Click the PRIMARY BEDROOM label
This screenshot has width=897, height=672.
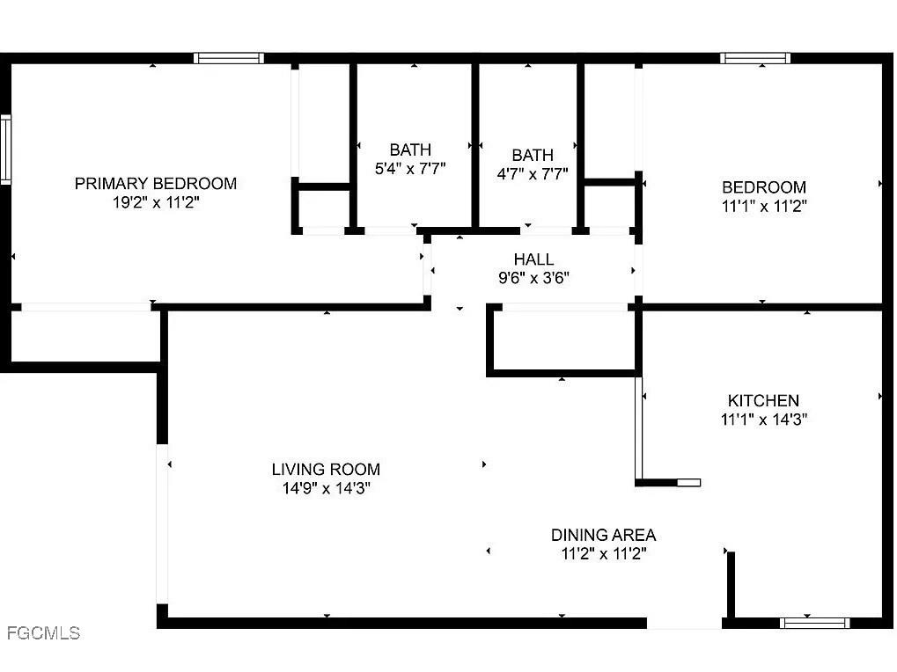[155, 184]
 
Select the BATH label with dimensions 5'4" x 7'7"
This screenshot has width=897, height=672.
[410, 150]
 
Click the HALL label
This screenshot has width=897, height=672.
[533, 259]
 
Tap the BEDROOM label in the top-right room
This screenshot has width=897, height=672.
[763, 187]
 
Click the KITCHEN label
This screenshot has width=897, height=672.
[763, 400]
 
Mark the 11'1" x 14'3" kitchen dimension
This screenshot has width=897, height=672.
[763, 420]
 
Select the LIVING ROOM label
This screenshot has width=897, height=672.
[326, 470]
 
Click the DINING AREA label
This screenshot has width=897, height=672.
[603, 535]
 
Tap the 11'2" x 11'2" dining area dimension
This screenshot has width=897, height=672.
[603, 554]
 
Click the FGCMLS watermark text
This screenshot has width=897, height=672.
[42, 632]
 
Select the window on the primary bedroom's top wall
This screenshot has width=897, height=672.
[229, 59]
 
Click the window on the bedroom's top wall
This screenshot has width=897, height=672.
[754, 59]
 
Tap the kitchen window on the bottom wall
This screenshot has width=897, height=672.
[814, 623]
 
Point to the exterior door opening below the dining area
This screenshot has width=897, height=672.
[685, 623]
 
